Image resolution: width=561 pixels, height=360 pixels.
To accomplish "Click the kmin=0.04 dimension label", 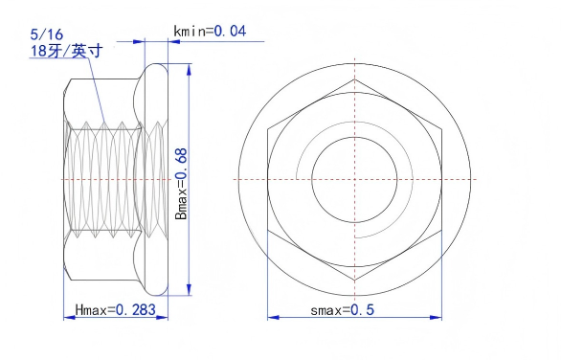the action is [210, 32].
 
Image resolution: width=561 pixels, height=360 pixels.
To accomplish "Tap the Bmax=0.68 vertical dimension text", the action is [181, 184].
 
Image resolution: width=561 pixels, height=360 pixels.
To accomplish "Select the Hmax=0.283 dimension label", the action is [115, 309].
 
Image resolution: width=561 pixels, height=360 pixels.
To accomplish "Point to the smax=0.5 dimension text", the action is [342, 310].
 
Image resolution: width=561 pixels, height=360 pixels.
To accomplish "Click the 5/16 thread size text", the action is [47, 34].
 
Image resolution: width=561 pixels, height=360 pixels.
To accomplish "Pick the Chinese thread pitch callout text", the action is [66, 51].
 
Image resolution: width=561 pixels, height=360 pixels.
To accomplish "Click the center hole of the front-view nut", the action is [354, 179].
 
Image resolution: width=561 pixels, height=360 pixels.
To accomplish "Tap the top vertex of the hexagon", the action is [354, 79].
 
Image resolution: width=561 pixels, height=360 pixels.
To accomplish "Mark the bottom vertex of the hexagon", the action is [354, 281].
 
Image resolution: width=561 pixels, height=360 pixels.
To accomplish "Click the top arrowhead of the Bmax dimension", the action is [189, 70].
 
